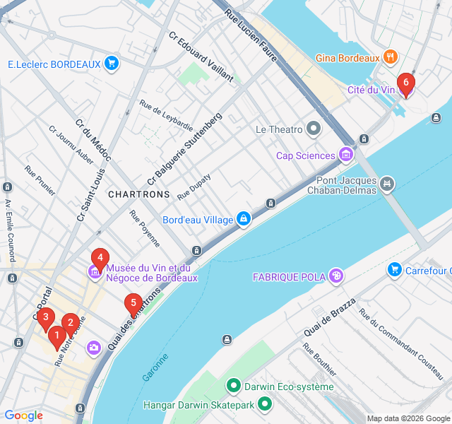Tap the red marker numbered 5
pos(132,305)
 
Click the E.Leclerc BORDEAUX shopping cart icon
pos(111,64)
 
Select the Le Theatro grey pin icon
pos(313,129)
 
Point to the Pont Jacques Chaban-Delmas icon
pos(386,185)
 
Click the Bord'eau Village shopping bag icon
pos(244,220)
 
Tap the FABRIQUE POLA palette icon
pos(336,276)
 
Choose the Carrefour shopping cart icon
pos(395,269)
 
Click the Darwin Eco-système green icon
pos(233,386)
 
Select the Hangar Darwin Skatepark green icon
pos(265,405)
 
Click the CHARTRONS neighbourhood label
pos(139,194)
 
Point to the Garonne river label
pos(155,367)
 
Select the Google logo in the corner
pos(23,416)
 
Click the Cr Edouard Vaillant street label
pos(201,57)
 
